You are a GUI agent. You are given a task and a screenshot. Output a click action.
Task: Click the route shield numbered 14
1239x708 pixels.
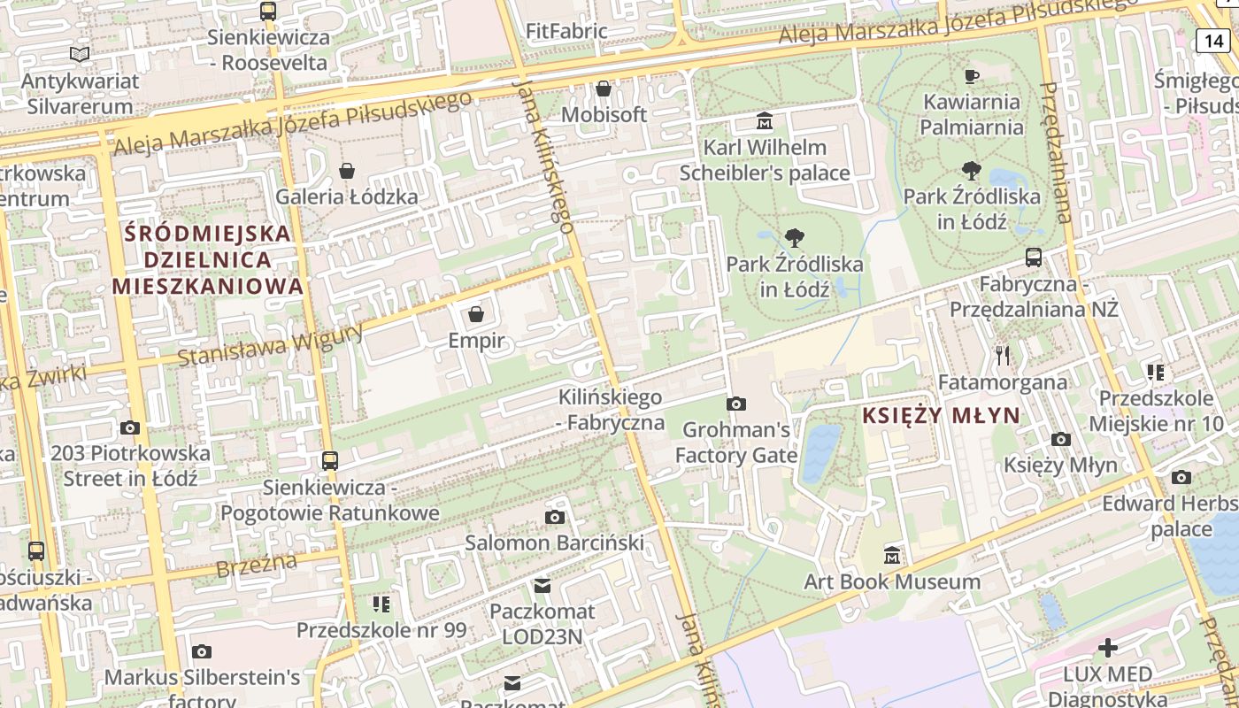click(x=1214, y=40)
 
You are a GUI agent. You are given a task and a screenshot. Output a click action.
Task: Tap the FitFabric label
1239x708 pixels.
click(x=566, y=32)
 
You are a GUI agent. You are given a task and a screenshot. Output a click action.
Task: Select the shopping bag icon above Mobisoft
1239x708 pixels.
click(x=604, y=88)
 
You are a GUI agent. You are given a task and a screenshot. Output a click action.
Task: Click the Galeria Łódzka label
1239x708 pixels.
click(x=347, y=196)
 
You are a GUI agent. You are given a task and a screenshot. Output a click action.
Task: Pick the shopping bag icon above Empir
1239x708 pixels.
click(x=476, y=314)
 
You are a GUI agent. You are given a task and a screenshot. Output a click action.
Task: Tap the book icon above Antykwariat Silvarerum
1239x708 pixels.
click(x=80, y=55)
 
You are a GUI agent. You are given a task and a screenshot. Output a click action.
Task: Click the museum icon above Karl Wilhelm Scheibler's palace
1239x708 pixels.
click(x=764, y=120)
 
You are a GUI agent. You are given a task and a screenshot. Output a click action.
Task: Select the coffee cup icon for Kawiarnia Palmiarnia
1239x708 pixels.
click(x=971, y=76)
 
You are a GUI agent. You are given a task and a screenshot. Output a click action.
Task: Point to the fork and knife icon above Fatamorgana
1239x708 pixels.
click(x=1002, y=356)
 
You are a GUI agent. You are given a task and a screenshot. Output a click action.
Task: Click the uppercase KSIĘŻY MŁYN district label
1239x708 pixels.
click(x=941, y=416)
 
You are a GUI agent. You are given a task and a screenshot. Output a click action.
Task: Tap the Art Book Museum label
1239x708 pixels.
click(x=892, y=582)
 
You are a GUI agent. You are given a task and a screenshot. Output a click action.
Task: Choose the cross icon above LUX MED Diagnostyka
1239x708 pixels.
click(x=1107, y=648)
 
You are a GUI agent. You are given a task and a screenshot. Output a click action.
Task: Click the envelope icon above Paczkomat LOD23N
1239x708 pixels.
click(x=542, y=586)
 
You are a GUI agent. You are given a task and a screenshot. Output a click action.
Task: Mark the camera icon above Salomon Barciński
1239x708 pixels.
click(x=555, y=517)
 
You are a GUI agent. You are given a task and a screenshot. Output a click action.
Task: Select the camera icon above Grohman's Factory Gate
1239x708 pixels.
click(x=735, y=404)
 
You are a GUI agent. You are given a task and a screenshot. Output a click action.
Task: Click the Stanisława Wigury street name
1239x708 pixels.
click(x=271, y=345)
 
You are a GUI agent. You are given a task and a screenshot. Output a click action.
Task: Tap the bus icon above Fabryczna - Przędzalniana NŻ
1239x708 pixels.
click(x=1033, y=258)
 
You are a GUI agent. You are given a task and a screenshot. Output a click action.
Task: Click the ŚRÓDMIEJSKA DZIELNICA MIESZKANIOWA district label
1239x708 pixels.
click(x=208, y=259)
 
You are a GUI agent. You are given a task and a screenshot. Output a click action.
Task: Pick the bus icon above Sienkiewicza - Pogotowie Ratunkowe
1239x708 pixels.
click(x=329, y=460)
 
